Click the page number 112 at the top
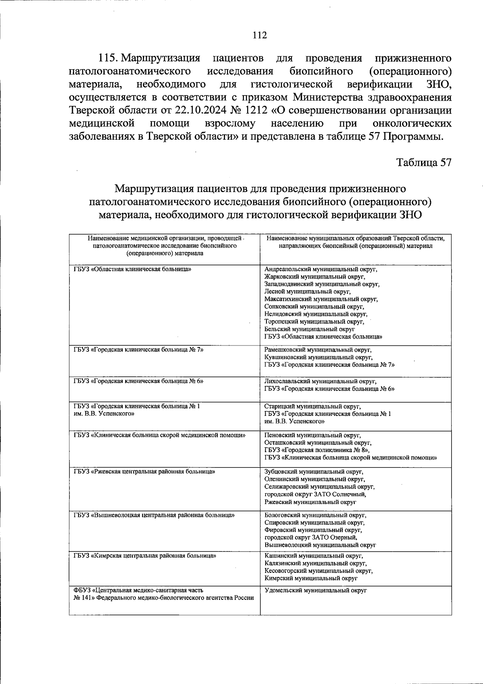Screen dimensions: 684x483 260,35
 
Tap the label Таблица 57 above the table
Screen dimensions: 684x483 423,162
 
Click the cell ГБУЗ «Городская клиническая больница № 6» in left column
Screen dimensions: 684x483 138,380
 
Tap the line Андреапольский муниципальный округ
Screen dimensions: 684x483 321,269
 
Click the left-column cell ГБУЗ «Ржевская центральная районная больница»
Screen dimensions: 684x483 144,471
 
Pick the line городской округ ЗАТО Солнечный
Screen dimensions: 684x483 315,494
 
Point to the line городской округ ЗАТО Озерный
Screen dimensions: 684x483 311,537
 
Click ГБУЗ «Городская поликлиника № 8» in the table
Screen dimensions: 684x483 317,450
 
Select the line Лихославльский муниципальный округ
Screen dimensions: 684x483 320,381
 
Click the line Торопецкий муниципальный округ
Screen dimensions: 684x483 314,321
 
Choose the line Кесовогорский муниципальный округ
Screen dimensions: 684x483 318,570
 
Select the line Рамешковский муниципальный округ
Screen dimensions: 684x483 318,350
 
